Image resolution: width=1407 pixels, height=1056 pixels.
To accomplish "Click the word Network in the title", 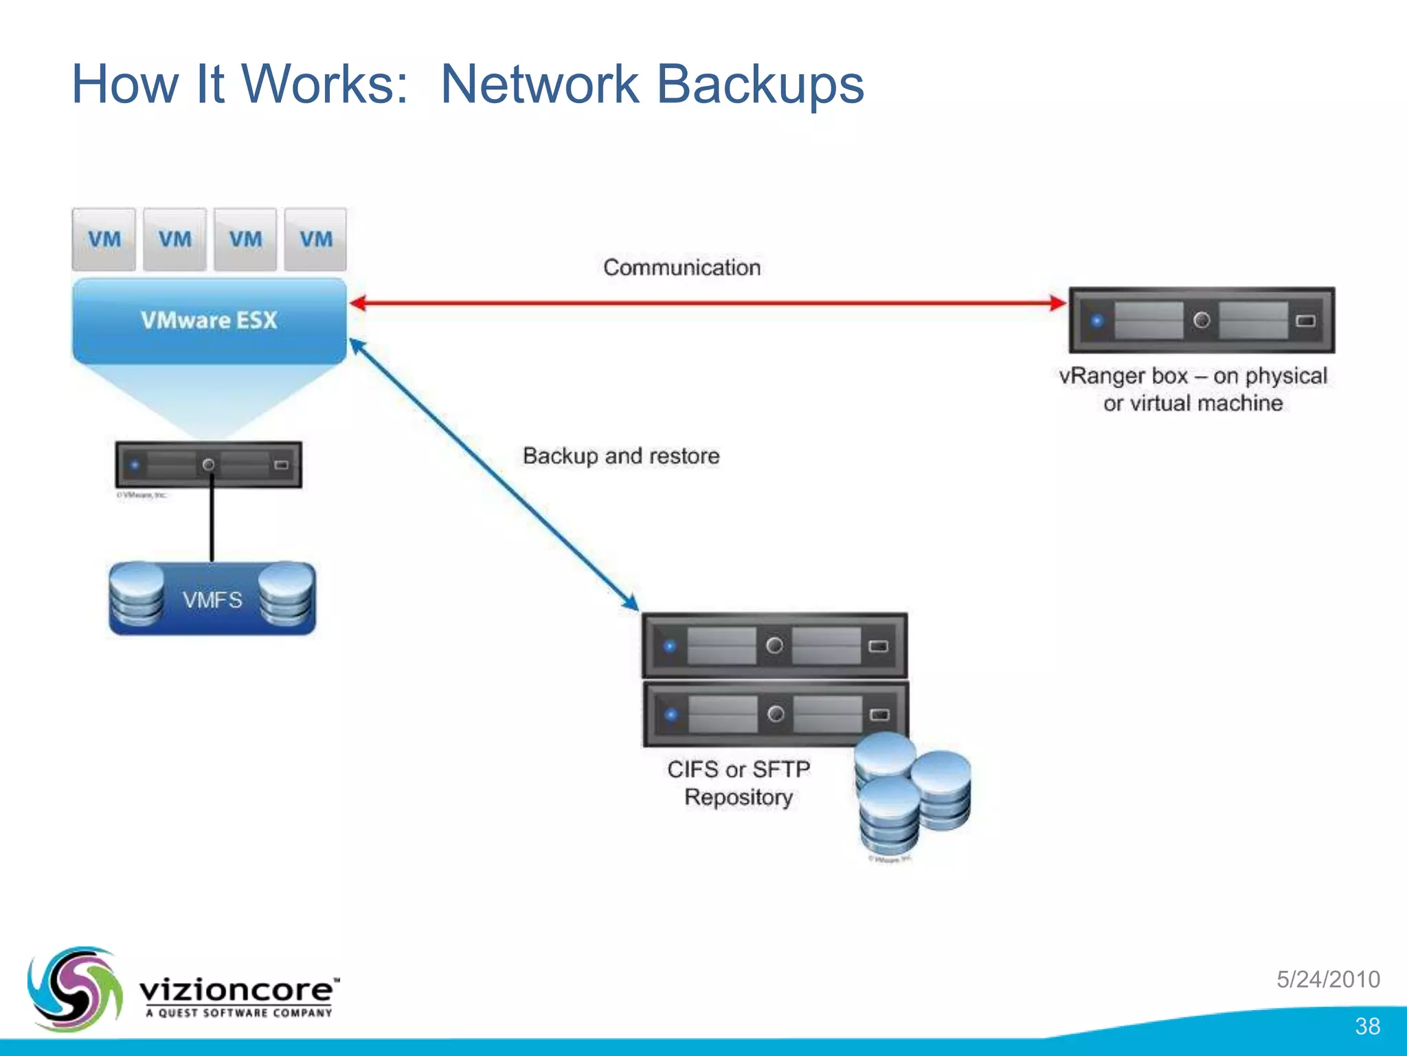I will point(540,85).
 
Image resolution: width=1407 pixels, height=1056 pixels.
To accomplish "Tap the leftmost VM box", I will point(104,239).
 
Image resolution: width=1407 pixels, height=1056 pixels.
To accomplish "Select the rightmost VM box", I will point(315,239).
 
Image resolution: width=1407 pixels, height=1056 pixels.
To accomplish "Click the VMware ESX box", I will point(210,320).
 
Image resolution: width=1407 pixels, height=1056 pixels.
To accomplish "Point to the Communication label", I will point(682,267).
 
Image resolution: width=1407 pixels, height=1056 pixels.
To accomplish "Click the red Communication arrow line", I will point(708,302).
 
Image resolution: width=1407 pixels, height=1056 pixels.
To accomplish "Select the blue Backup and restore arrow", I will point(493,474).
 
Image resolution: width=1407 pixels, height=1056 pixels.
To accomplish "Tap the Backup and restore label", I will point(621,456).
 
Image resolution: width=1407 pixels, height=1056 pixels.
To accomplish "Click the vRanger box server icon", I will point(1201,320).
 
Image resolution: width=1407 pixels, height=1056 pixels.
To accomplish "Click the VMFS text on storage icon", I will point(212,600).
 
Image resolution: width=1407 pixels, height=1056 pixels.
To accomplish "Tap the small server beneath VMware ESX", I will point(208,465).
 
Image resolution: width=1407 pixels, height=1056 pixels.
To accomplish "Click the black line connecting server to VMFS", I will point(212,522).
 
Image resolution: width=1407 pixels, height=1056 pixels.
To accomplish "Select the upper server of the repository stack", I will point(774,646).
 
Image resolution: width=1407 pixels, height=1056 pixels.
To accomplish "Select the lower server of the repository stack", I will point(774,714).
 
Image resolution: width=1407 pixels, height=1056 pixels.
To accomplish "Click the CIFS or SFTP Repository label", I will point(739,783).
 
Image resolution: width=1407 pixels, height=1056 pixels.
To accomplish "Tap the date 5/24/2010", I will point(1328,979).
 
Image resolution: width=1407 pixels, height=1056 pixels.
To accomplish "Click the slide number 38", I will point(1367,1026).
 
